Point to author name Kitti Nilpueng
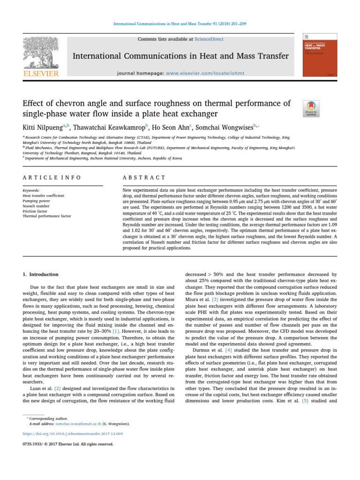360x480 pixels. pos(44,127)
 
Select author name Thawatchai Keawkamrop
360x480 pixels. pos(108,127)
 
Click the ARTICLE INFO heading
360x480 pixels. pos(52,178)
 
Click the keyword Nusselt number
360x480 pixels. pos(36,206)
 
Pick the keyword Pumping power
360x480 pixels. pos(36,201)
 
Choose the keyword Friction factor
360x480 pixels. pos(35,211)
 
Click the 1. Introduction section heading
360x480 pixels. pos(41,274)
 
